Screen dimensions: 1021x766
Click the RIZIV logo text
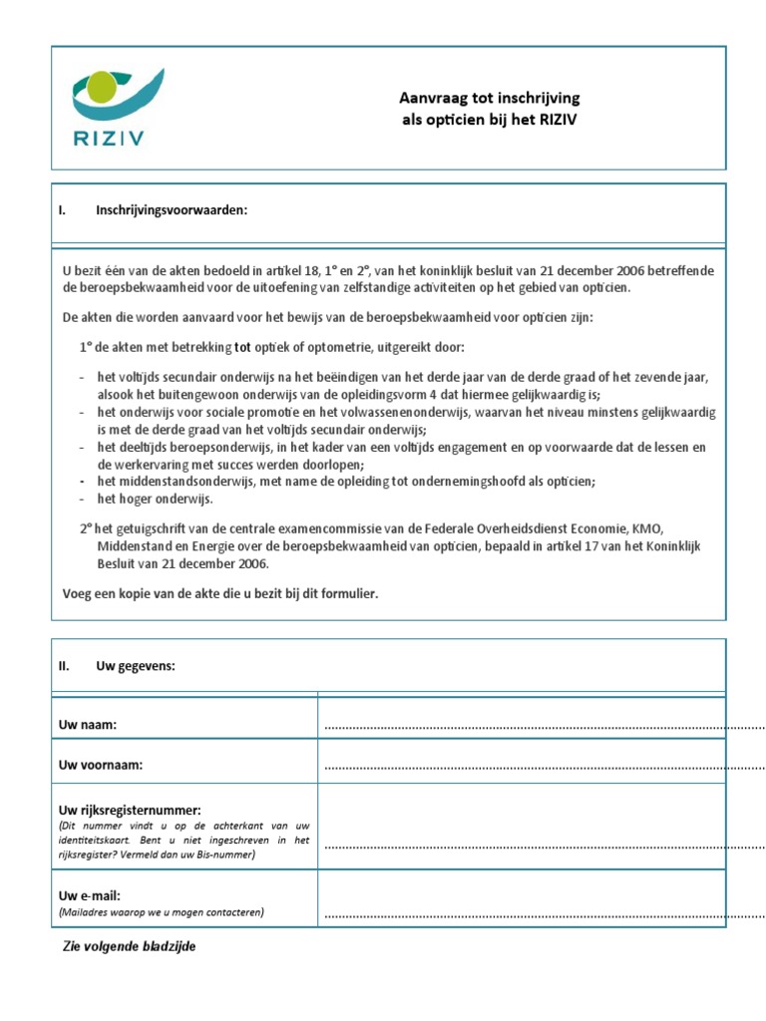(107, 138)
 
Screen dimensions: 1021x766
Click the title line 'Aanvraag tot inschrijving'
(489, 98)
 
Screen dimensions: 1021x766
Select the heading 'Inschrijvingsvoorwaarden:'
(172, 210)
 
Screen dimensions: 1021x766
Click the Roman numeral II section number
(64, 666)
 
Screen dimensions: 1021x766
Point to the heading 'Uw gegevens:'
(136, 666)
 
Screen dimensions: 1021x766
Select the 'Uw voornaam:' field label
(101, 766)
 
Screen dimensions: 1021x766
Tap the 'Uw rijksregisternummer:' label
(131, 810)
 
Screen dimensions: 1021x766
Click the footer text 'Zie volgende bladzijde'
(130, 946)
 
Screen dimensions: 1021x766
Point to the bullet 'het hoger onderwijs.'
(156, 499)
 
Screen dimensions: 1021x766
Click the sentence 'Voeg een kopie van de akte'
(220, 594)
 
